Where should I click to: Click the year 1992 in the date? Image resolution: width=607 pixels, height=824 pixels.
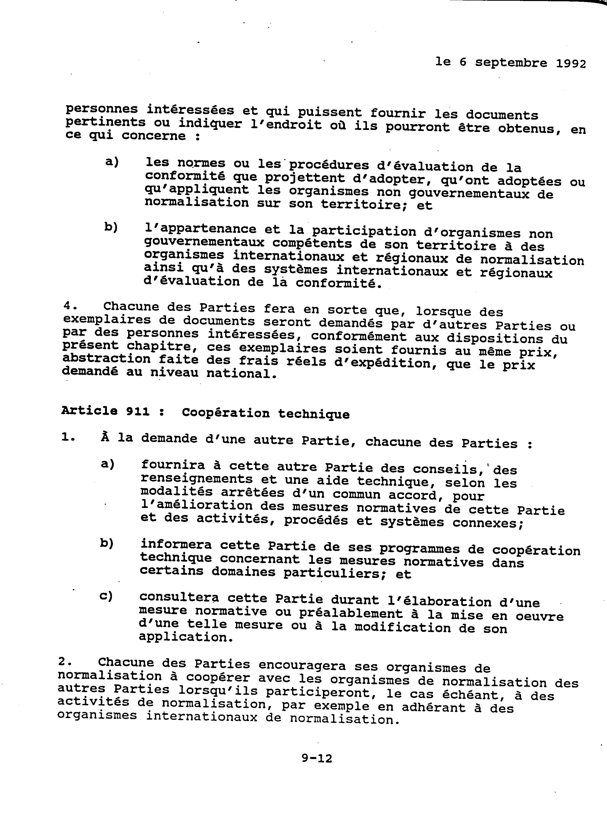tap(571, 64)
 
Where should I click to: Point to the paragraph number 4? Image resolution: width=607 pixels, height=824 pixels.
tap(67, 306)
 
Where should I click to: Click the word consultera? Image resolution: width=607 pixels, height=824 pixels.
tap(179, 598)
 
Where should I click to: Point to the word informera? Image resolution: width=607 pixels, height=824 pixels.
tap(176, 544)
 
